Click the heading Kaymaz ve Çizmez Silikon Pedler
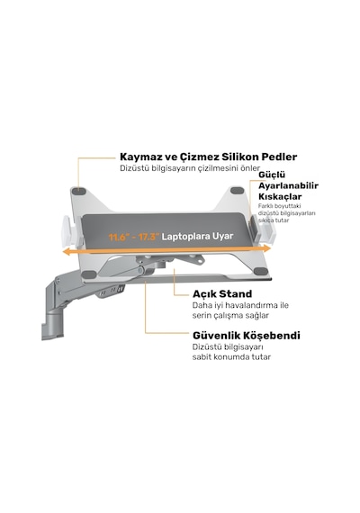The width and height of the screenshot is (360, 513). (x=209, y=157)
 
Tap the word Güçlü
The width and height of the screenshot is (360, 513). (x=272, y=175)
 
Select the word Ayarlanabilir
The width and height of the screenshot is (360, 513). (x=288, y=185)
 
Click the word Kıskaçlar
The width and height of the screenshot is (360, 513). (x=280, y=196)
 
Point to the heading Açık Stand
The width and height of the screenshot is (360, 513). (x=222, y=293)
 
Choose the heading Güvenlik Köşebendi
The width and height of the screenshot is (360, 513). (x=246, y=336)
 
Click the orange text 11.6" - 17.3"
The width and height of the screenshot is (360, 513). (x=133, y=237)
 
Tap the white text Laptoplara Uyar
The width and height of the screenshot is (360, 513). (x=197, y=236)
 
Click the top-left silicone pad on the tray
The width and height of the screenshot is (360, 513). (x=78, y=191)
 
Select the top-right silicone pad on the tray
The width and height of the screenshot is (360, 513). (x=237, y=191)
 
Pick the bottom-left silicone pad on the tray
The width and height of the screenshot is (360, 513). (x=88, y=274)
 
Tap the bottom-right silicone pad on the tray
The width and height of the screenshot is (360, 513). (x=261, y=271)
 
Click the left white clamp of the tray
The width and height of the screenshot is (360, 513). (x=69, y=232)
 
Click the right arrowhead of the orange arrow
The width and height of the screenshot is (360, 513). (x=266, y=248)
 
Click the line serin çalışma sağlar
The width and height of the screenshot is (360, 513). (x=230, y=315)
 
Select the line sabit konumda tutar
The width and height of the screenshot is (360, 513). (x=231, y=356)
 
